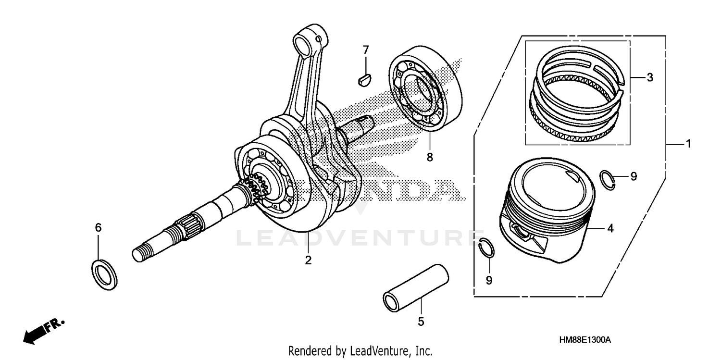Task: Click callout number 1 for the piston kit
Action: pyautogui.click(x=688, y=144)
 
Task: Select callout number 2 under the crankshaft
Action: pyautogui.click(x=308, y=261)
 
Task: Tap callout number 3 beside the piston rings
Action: pyautogui.click(x=649, y=77)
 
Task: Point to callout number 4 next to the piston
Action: pyautogui.click(x=610, y=229)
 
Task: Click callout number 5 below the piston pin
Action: pyautogui.click(x=421, y=322)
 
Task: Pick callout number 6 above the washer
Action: pyautogui.click(x=98, y=228)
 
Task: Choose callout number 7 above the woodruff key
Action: pyautogui.click(x=365, y=50)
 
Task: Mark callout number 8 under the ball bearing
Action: pyautogui.click(x=429, y=157)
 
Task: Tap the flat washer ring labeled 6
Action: pyautogui.click(x=104, y=274)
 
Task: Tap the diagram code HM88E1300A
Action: pyautogui.click(x=584, y=340)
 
